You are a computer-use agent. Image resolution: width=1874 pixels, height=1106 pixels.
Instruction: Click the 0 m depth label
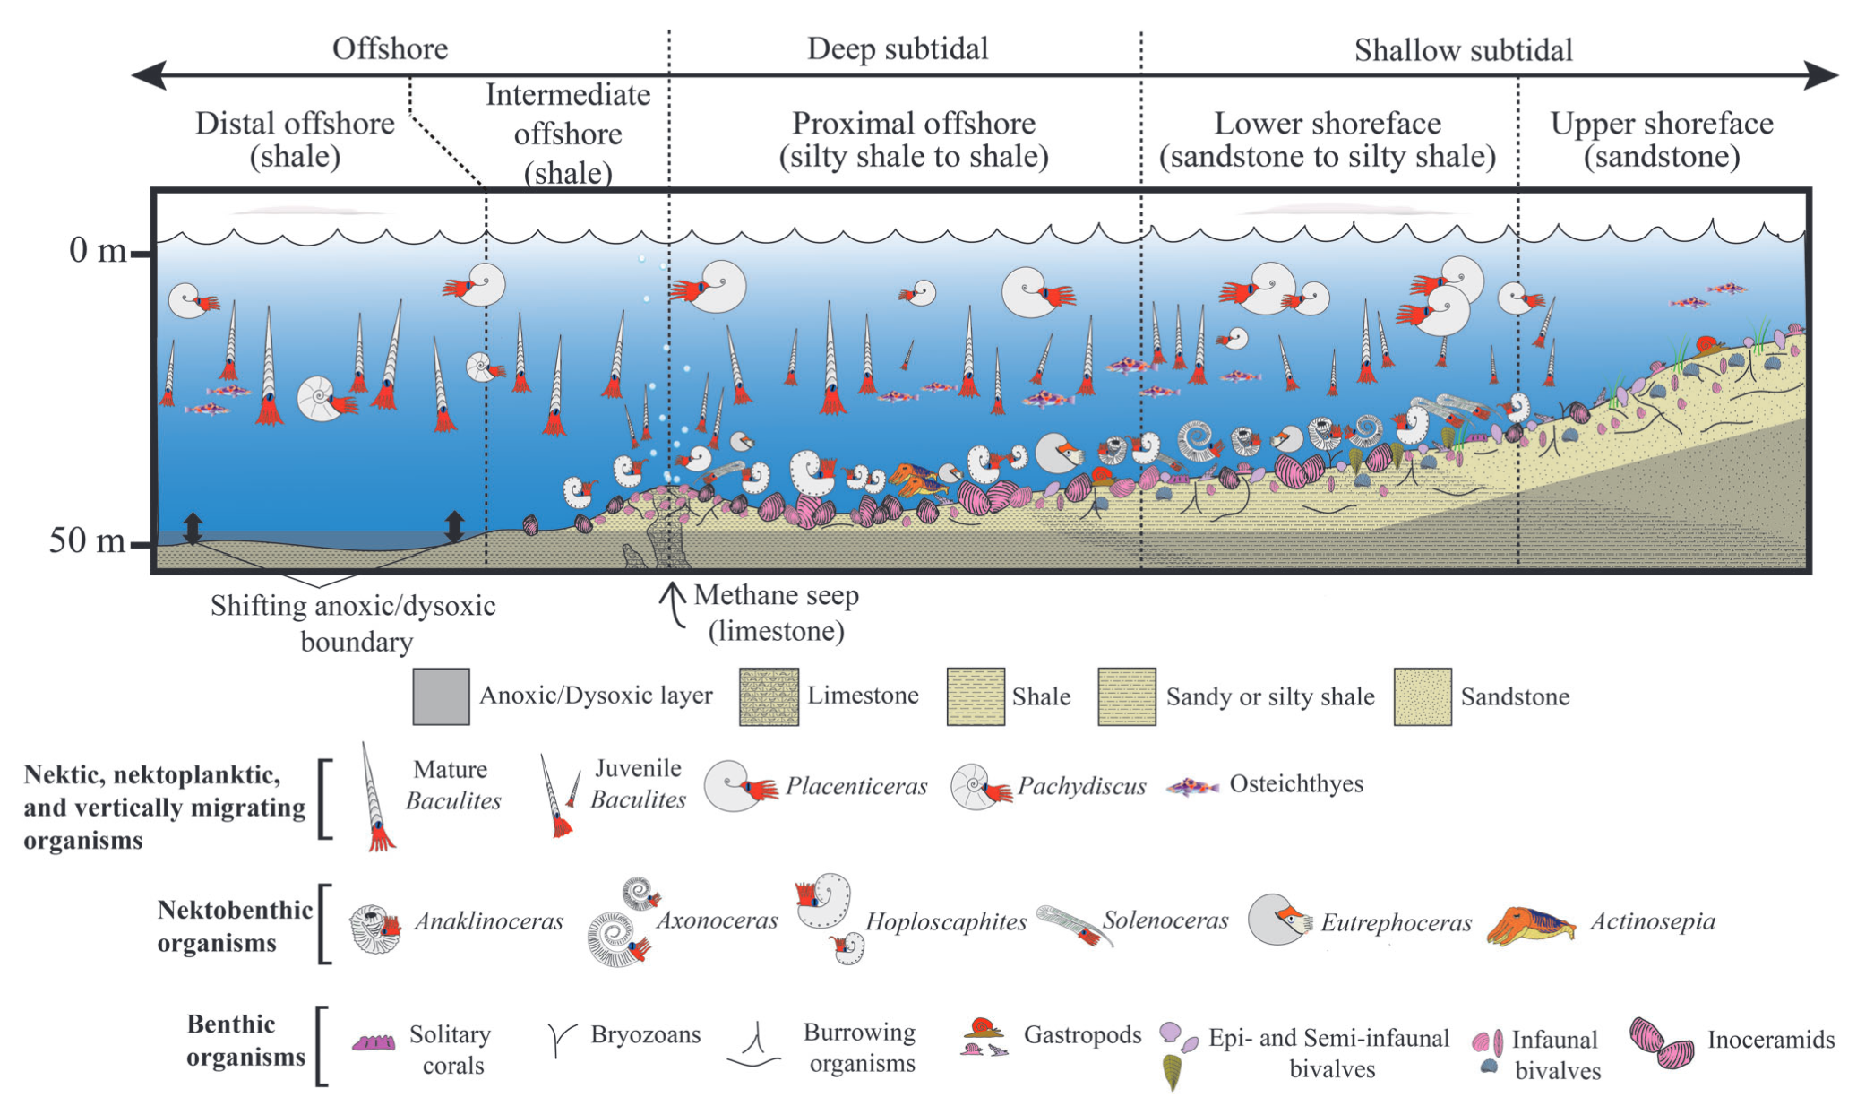(97, 250)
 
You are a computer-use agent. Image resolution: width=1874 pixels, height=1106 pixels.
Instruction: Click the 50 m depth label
(87, 540)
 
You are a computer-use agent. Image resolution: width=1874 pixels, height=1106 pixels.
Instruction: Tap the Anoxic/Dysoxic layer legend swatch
(441, 696)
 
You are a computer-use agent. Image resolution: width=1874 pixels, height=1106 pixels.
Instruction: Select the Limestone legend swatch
(769, 696)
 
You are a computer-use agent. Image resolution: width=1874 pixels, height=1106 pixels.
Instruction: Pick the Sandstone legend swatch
(1423, 696)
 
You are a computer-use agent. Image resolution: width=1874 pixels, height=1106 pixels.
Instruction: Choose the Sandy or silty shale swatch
(1127, 696)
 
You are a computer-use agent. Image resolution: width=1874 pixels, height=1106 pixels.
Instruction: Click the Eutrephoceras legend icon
(1279, 920)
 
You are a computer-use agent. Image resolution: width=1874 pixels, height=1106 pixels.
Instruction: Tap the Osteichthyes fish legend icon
(1192, 788)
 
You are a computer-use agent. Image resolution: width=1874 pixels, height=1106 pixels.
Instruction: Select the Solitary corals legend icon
(374, 1042)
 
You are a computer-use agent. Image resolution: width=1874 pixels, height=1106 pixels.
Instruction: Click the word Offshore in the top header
(390, 48)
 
